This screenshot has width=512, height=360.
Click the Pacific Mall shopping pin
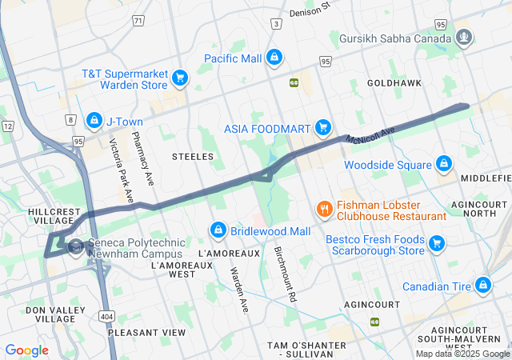[x=274, y=57]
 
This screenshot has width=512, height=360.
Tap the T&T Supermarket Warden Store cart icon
[x=181, y=78]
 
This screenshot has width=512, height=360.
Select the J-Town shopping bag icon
[x=94, y=120]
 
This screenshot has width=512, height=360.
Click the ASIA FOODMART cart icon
[x=323, y=126]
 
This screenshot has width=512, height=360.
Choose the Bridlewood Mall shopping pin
[x=217, y=230]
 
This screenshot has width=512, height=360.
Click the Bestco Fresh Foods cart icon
[x=437, y=243]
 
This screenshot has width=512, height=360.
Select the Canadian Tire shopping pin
[x=483, y=285]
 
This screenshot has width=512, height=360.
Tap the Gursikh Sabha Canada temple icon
[x=464, y=37]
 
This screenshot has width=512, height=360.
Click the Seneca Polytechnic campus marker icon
[x=76, y=246]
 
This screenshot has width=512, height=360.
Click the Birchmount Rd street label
[x=286, y=272]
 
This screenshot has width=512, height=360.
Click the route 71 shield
[x=138, y=20]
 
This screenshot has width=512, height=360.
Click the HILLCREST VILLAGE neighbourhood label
[x=54, y=216]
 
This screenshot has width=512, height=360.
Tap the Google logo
[x=26, y=350]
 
